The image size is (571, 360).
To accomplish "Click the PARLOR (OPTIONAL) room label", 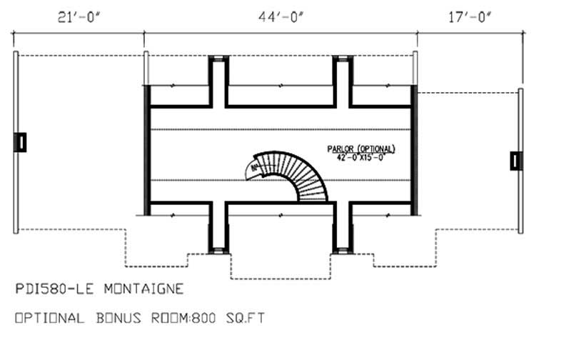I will coord(361,149).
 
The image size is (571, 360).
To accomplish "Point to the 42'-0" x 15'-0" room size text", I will coord(361,159).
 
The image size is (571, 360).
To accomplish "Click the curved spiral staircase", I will coord(303,175).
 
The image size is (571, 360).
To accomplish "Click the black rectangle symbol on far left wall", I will coord(21,142).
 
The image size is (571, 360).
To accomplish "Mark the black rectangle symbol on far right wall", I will coord(516,161).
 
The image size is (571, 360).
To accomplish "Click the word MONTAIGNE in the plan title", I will coord(143,289).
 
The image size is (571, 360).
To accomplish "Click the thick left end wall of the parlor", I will coord(147,150).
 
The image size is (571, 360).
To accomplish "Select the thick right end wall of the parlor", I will coord(414,150).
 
